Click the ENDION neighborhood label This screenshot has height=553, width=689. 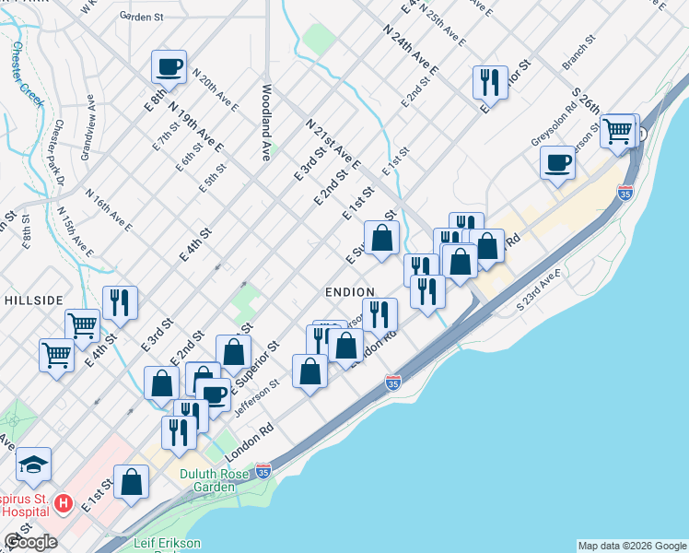click(x=349, y=291)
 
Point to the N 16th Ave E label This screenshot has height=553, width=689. click(x=109, y=211)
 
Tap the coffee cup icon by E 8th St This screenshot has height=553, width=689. click(x=169, y=67)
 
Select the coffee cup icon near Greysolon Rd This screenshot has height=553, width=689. click(x=558, y=165)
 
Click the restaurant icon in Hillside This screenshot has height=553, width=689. click(x=120, y=303)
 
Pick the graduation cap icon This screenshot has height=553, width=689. click(x=34, y=465)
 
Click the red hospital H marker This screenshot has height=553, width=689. click(x=64, y=503)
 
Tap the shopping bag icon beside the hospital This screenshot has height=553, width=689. click(x=132, y=482)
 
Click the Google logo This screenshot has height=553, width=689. click(x=30, y=542)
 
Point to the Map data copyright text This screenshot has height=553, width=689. click(x=632, y=546)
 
